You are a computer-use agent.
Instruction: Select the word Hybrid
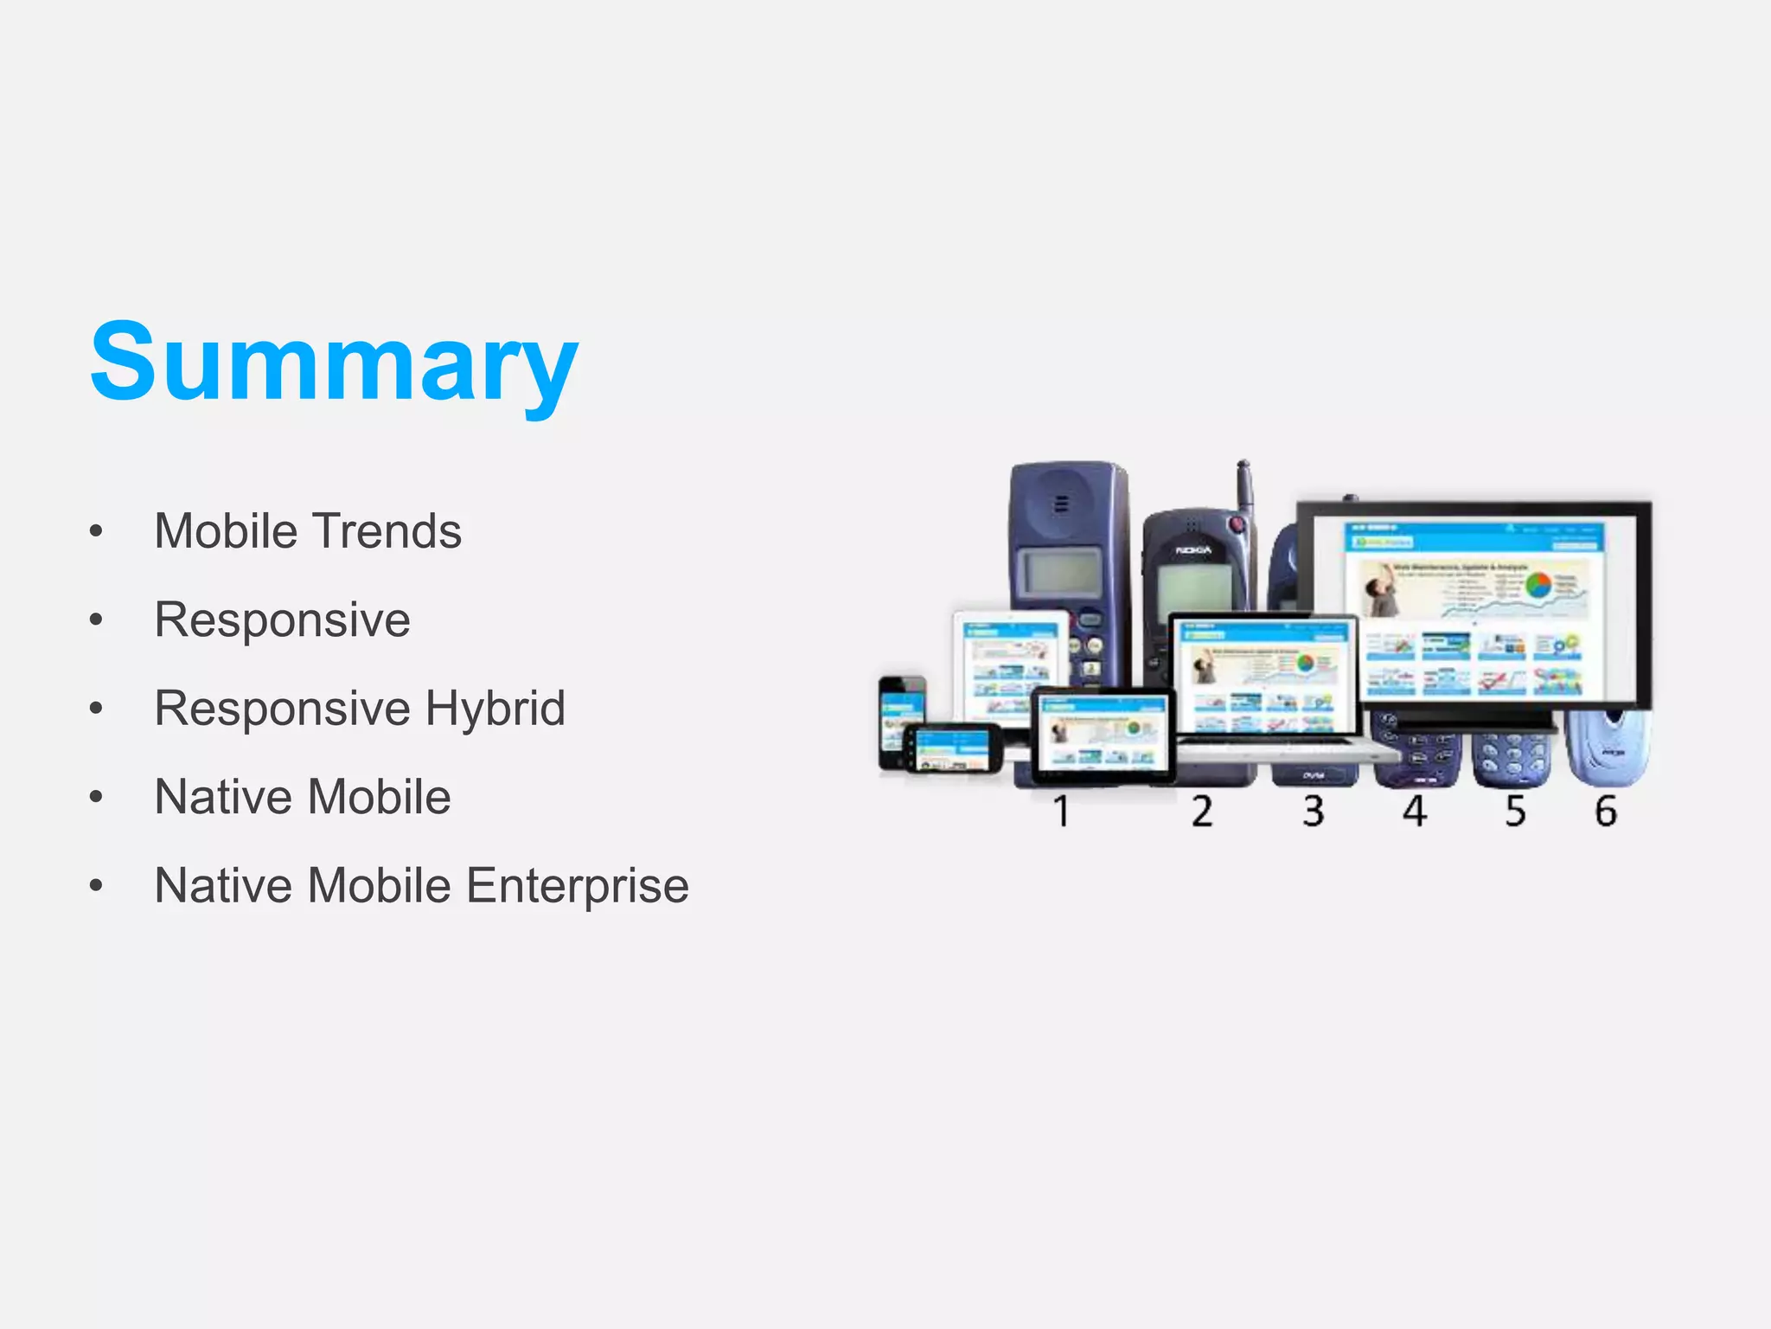(495, 708)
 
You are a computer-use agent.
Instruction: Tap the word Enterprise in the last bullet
(578, 885)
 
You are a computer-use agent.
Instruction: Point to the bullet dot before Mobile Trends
(96, 531)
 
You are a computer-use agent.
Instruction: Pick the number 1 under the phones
(1062, 812)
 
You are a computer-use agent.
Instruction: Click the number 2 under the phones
(1202, 812)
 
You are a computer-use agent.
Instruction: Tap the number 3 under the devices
(1314, 812)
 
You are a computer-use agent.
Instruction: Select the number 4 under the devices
(1415, 812)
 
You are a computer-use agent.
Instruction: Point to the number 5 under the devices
(1515, 812)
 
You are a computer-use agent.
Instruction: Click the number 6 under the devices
(1606, 812)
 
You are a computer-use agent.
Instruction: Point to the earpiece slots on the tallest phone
(1063, 504)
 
